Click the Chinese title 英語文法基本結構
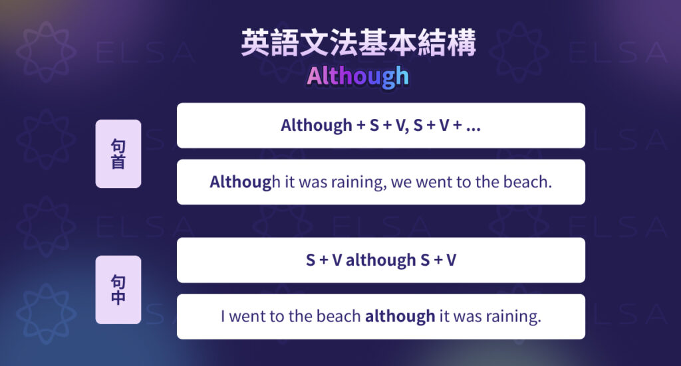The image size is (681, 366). pyautogui.click(x=358, y=45)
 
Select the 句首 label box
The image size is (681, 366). pyautogui.click(x=118, y=153)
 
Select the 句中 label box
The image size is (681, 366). pyautogui.click(x=118, y=290)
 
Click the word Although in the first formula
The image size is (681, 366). pyautogui.click(x=317, y=126)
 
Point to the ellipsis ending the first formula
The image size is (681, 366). pyautogui.click(x=473, y=126)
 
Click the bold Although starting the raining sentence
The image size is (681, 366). pyautogui.click(x=240, y=182)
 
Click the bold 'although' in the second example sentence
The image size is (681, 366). pyautogui.click(x=400, y=316)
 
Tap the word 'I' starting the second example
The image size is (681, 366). pyautogui.click(x=223, y=316)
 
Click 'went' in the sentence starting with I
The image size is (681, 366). pyautogui.click(x=247, y=316)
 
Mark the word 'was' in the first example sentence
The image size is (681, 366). pyautogui.click(x=312, y=182)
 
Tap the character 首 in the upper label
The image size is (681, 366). pyautogui.click(x=118, y=161)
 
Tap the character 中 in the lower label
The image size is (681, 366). pyautogui.click(x=118, y=298)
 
